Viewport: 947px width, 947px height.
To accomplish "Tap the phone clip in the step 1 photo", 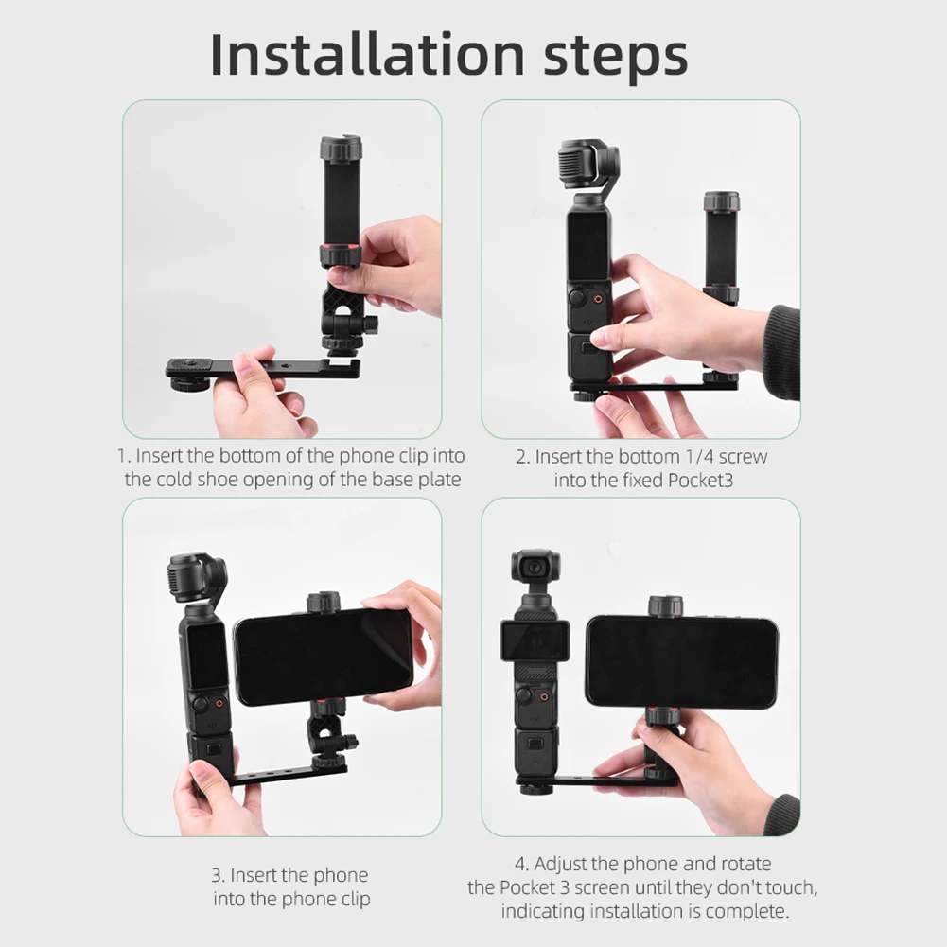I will coord(342,203).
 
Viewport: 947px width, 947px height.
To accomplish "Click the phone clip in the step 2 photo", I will coord(721,246).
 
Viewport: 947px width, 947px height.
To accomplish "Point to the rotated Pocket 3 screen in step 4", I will coord(535,641).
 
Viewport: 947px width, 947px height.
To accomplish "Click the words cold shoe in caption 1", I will coord(196,480).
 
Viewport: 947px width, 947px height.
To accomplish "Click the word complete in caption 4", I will coord(753,911).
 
